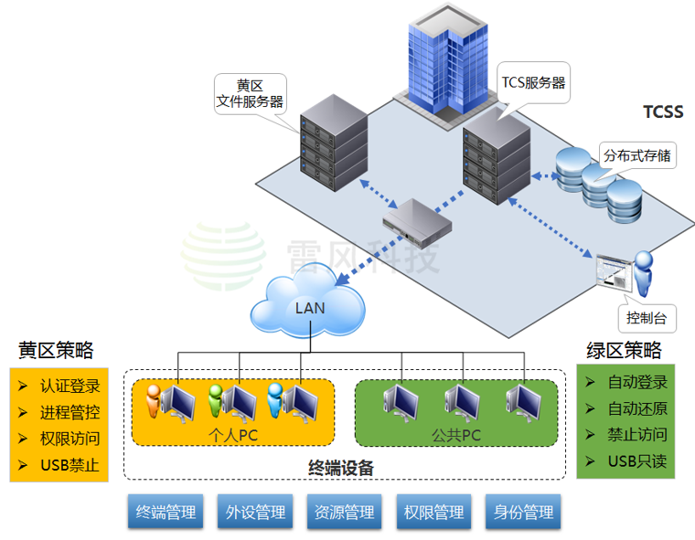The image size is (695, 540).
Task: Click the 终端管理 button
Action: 166,513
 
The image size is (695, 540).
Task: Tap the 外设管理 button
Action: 255,513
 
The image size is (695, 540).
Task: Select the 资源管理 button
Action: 345,513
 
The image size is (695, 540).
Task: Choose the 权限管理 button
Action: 433,513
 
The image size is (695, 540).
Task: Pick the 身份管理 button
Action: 524,513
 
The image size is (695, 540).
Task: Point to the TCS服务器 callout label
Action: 532,82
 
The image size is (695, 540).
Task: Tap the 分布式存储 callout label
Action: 636,155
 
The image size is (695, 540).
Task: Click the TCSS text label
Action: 663,112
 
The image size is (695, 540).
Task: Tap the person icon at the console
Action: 644,273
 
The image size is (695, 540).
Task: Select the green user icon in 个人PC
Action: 215,399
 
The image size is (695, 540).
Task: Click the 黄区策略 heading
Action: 56,351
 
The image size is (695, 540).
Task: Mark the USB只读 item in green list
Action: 636,461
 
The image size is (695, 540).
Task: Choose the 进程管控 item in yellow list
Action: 69,412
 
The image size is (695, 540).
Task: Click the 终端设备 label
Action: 341,468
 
